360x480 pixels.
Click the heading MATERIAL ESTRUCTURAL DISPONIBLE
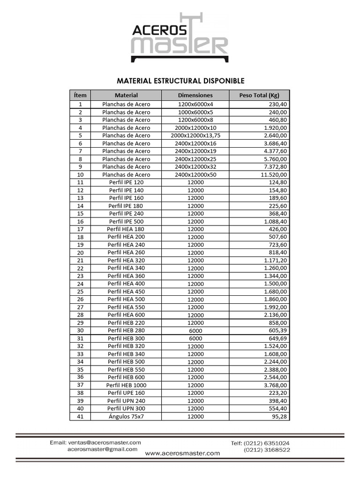click(180, 81)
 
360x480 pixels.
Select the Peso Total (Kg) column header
click(259, 95)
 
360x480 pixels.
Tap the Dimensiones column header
click(195, 95)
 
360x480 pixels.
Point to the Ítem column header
click(80, 95)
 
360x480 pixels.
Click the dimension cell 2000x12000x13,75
click(195, 135)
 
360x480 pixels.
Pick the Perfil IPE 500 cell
click(126, 221)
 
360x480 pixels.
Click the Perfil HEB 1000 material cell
click(126, 385)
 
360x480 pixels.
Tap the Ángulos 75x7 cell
click(126, 416)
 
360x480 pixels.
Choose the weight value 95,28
click(279, 416)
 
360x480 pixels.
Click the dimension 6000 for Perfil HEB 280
click(195, 330)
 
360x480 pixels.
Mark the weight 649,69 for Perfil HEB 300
click(277, 338)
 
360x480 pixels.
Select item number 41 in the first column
click(80, 416)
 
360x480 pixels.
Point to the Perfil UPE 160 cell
click(126, 393)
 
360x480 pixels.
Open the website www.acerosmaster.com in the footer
click(182, 453)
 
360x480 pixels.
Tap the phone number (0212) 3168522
click(267, 450)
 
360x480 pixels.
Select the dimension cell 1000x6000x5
click(195, 112)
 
